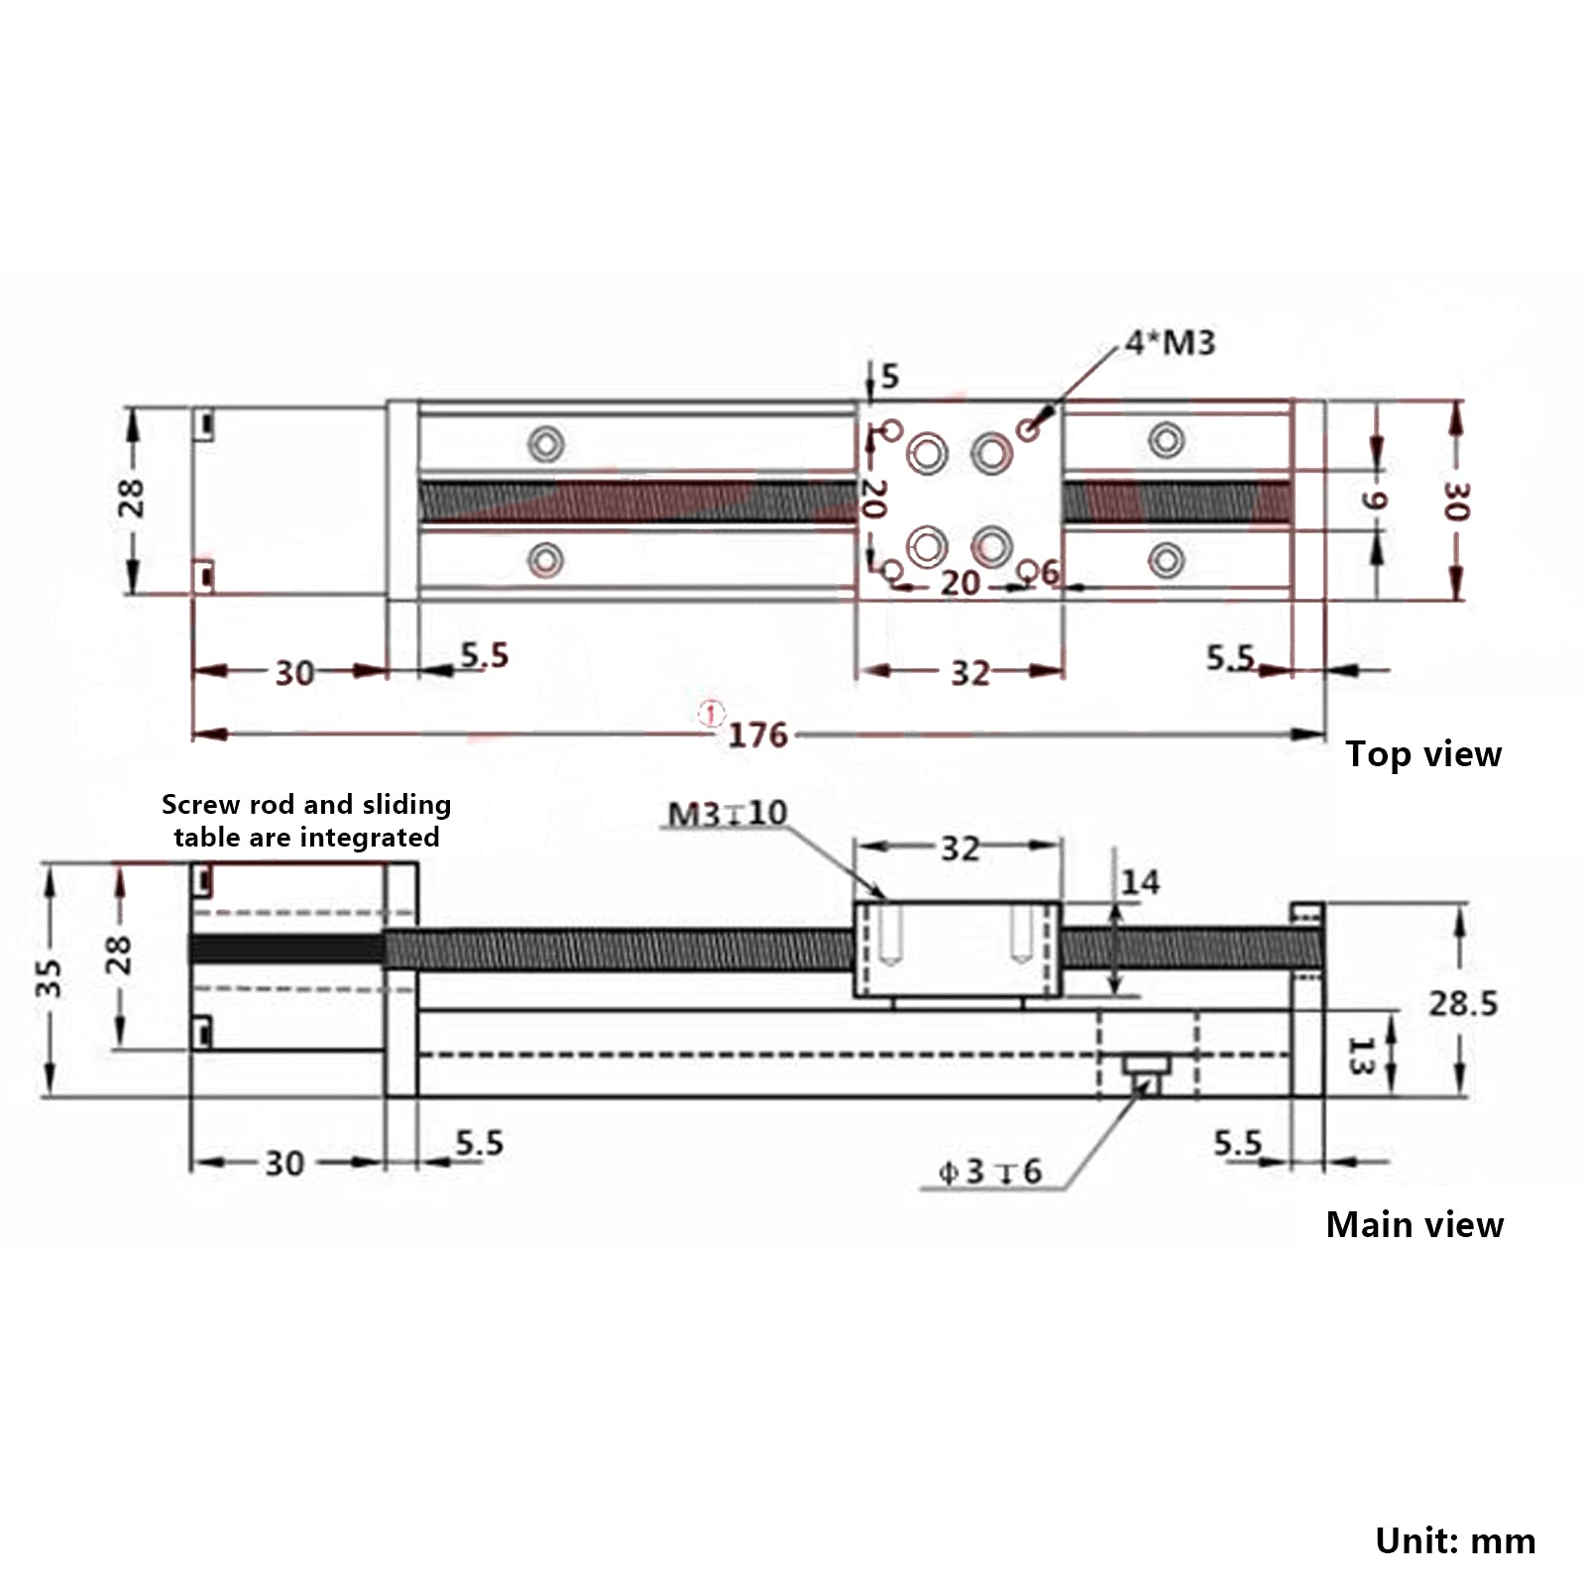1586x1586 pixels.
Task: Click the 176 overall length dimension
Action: tap(757, 736)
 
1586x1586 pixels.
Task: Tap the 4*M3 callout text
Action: tap(1170, 343)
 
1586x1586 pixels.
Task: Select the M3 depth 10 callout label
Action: tap(728, 814)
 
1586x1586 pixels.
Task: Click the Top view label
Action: tap(1422, 754)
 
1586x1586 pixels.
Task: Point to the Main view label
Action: tap(1415, 1225)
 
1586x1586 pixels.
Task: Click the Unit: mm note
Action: tap(1454, 1541)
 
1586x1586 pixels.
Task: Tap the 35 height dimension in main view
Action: tap(49, 977)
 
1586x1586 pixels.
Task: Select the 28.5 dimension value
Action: tap(1462, 1004)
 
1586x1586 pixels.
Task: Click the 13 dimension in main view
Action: tap(1360, 1056)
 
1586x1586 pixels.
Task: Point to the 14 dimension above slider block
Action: tap(1140, 882)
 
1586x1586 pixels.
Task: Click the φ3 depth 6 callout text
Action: tap(989, 1173)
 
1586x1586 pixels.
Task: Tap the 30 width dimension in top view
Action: tap(1454, 502)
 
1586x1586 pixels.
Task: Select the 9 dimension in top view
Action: tap(1373, 501)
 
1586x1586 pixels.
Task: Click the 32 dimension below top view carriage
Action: tap(969, 674)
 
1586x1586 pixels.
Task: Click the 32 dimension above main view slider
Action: tap(960, 849)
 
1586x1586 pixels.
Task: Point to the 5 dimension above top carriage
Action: tap(889, 377)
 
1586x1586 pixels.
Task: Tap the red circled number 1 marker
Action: tap(711, 713)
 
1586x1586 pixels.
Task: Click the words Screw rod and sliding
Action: tap(306, 804)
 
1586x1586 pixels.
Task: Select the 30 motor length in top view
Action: tap(294, 674)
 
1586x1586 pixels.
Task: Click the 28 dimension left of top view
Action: tap(131, 499)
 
